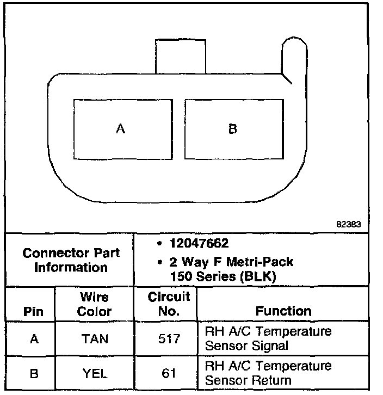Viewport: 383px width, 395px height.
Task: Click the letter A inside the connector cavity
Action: click(121, 129)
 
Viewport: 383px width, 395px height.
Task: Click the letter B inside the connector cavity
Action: click(232, 129)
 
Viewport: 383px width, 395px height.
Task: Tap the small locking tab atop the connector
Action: click(181, 55)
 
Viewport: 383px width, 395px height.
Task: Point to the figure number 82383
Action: click(348, 223)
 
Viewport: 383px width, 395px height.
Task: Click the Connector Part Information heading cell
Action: click(71, 260)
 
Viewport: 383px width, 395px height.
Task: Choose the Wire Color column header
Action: click(94, 305)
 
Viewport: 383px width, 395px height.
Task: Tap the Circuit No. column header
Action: click(169, 304)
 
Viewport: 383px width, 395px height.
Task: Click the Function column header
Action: click(283, 311)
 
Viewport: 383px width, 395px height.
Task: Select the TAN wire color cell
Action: click(95, 339)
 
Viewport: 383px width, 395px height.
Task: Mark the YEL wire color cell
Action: click(95, 373)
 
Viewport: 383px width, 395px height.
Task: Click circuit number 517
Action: click(169, 339)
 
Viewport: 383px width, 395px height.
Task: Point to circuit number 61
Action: click(169, 373)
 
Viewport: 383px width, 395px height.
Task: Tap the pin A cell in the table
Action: click(34, 339)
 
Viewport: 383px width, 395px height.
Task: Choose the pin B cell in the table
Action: click(34, 373)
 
